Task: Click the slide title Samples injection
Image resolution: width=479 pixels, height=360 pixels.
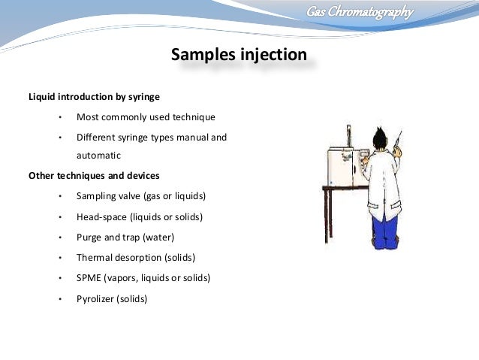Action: click(239, 56)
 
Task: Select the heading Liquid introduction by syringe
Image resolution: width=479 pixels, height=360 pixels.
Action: click(93, 97)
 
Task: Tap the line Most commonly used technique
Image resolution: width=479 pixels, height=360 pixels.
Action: click(146, 117)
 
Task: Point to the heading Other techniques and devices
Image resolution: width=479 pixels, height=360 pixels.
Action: click(93, 176)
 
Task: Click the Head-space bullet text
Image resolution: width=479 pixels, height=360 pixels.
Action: click(140, 216)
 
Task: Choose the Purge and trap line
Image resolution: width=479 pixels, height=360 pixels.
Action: click(125, 237)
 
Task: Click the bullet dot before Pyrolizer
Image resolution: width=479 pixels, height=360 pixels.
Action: click(59, 298)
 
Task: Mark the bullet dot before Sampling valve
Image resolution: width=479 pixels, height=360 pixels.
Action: click(59, 197)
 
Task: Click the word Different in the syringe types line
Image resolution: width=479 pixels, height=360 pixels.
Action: click(95, 138)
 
